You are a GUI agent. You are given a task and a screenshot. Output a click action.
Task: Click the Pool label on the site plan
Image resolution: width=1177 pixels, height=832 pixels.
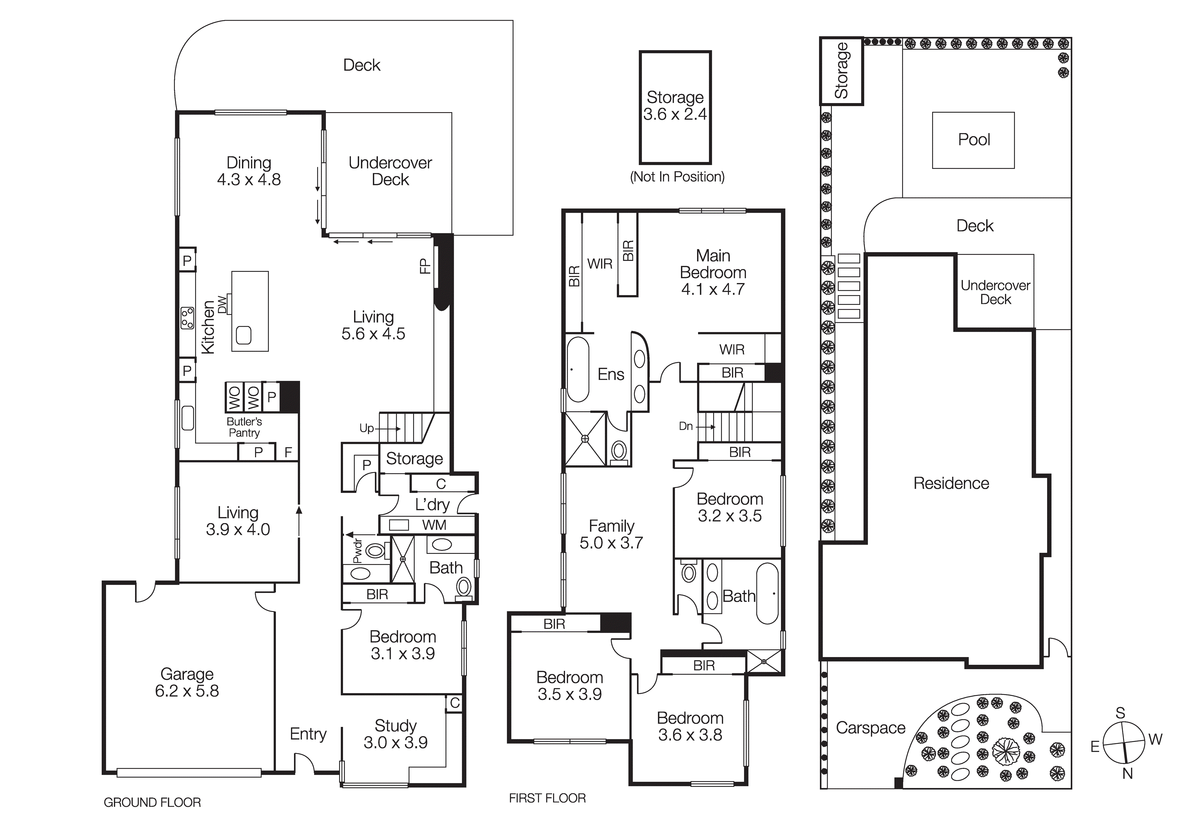point(974,140)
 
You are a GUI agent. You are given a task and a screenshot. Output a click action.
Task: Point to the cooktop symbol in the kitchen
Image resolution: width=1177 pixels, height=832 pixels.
point(188,318)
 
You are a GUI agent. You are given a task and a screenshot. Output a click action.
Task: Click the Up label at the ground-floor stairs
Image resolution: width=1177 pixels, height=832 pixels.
point(366,428)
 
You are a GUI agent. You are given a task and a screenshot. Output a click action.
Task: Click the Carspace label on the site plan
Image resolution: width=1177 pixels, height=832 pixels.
point(871,728)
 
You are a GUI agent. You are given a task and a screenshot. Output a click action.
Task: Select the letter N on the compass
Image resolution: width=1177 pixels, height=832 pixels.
point(1127,774)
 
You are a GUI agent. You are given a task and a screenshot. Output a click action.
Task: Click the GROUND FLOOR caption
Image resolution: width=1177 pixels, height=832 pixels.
point(152,802)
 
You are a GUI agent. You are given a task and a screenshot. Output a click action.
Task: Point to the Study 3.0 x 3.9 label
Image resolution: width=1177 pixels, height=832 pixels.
point(395,734)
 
